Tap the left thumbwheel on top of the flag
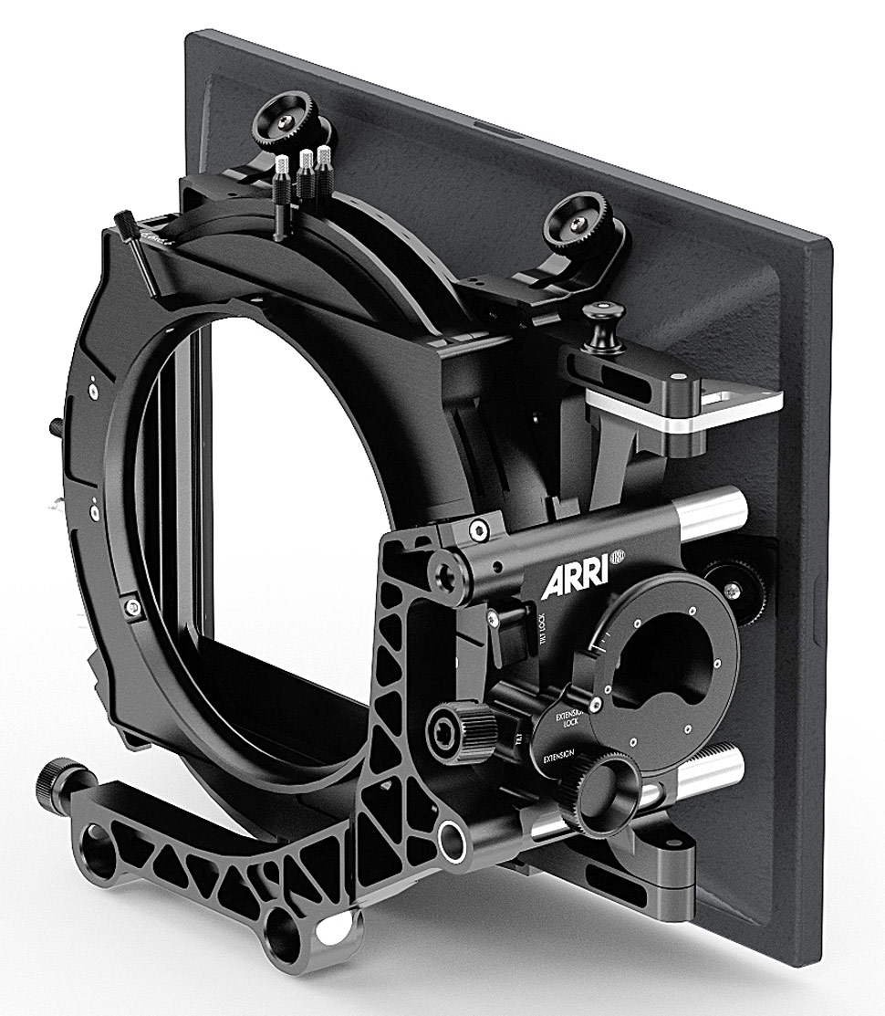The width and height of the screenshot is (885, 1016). pos(278,121)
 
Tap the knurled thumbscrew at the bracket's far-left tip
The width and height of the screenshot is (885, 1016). pos(57,780)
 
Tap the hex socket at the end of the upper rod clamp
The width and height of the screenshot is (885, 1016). pos(447,573)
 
